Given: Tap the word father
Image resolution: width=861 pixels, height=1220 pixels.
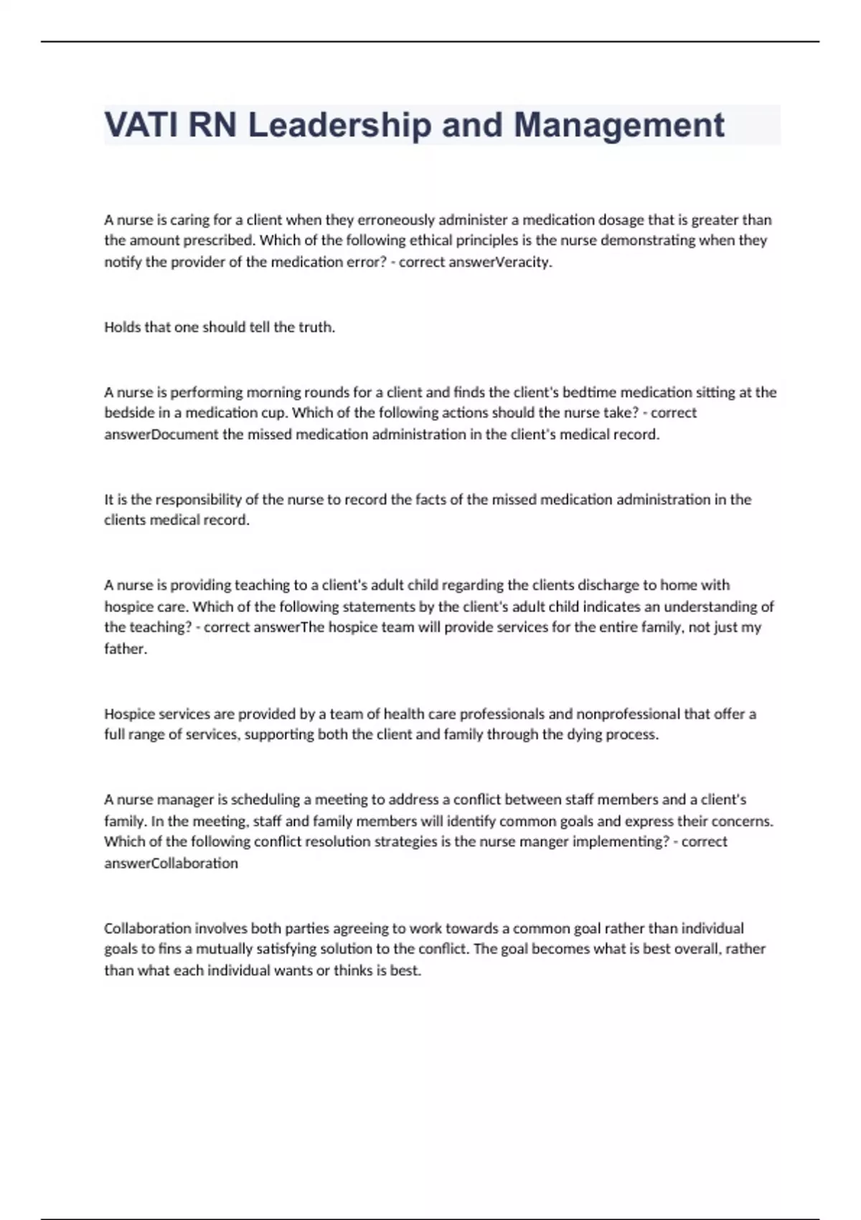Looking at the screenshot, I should coord(125,649).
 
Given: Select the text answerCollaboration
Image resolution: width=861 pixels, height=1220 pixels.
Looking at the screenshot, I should coord(171,863).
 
